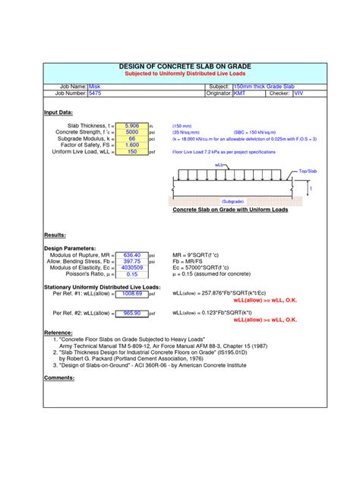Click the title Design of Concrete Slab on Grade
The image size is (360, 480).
[180, 67]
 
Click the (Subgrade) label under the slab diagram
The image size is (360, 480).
[232, 201]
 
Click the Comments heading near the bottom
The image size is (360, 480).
[58, 377]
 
